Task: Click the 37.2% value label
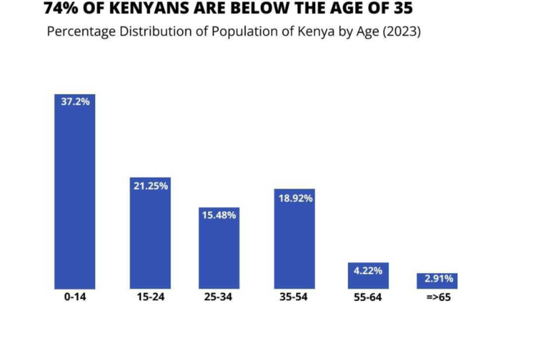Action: coord(75,102)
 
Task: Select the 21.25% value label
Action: coord(150,186)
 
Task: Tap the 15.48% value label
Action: coord(220,215)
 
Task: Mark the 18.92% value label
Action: coord(294,197)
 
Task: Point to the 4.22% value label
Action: coord(368,271)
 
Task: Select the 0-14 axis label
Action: coord(75,297)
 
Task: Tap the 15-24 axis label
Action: coord(150,297)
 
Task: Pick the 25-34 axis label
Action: coord(220,297)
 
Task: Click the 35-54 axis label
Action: coord(294,297)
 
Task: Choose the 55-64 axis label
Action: coord(368,297)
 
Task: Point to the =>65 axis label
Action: coord(437,297)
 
